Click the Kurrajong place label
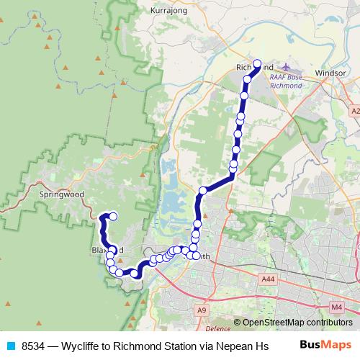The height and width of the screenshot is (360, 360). (170, 11)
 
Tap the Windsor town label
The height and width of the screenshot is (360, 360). (330, 73)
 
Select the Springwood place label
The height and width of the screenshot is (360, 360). (62, 194)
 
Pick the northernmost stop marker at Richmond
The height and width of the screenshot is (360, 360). (257, 63)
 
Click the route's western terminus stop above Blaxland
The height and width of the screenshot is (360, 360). (113, 216)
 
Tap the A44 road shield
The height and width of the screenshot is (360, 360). (269, 279)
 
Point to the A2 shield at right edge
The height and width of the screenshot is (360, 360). (355, 111)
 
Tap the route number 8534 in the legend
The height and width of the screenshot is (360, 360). (33, 346)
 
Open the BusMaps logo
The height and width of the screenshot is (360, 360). (325, 346)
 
